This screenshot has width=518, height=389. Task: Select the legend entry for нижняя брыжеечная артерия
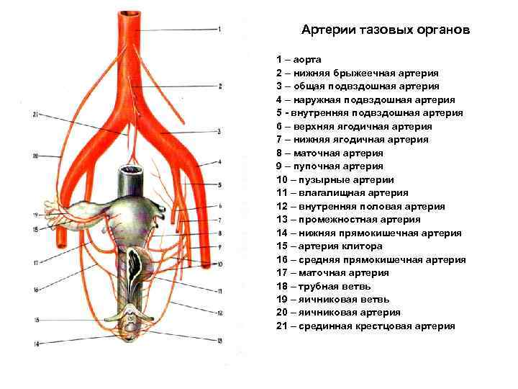pos(357,73)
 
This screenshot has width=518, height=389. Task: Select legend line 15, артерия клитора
pos(330,246)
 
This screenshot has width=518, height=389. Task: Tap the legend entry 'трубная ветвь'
pos(322,286)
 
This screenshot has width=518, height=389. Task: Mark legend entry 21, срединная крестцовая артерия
pos(365,326)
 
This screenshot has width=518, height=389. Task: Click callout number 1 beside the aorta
pos(219,29)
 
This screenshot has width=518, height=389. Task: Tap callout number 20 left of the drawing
pos(35,156)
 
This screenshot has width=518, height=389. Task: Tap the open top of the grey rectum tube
pos(132,171)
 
